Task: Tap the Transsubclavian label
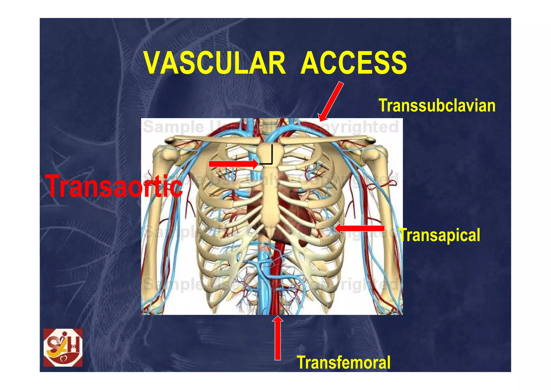pyautogui.click(x=437, y=105)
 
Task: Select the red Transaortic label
pyautogui.click(x=114, y=186)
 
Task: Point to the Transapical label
pyautogui.click(x=440, y=235)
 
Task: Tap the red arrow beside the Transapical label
pyautogui.click(x=359, y=229)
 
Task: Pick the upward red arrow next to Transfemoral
pyautogui.click(x=278, y=338)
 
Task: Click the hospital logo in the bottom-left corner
pyautogui.click(x=63, y=347)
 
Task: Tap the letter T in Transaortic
pyautogui.click(x=55, y=186)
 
